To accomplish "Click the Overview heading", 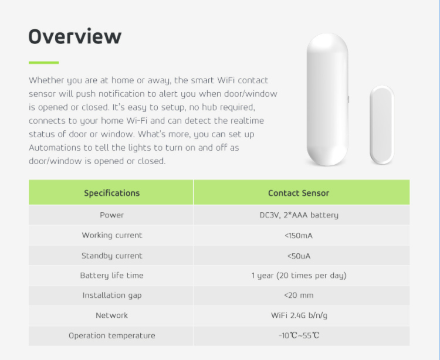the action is point(75,36).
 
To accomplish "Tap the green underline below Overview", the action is point(43,63).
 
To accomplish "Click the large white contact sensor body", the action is point(327,100).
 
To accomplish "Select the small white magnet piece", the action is point(382,125).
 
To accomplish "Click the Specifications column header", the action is point(111,193).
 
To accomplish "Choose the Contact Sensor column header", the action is point(299,193).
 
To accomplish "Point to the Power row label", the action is point(111,215).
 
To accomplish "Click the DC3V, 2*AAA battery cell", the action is point(299,215).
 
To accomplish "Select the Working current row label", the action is point(112,235).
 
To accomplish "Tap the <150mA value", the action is point(299,236).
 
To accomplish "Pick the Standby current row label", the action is point(112,256).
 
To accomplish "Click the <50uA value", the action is point(299,256).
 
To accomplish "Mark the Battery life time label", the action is point(111,276).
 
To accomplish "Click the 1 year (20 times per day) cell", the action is point(299,276).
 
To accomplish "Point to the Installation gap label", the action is point(112,296).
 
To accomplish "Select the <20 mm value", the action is point(299,296).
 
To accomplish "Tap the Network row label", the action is point(111,315).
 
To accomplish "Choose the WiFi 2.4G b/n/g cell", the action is point(299,315).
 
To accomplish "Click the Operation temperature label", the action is point(112,335).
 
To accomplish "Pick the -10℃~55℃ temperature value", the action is point(299,335).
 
